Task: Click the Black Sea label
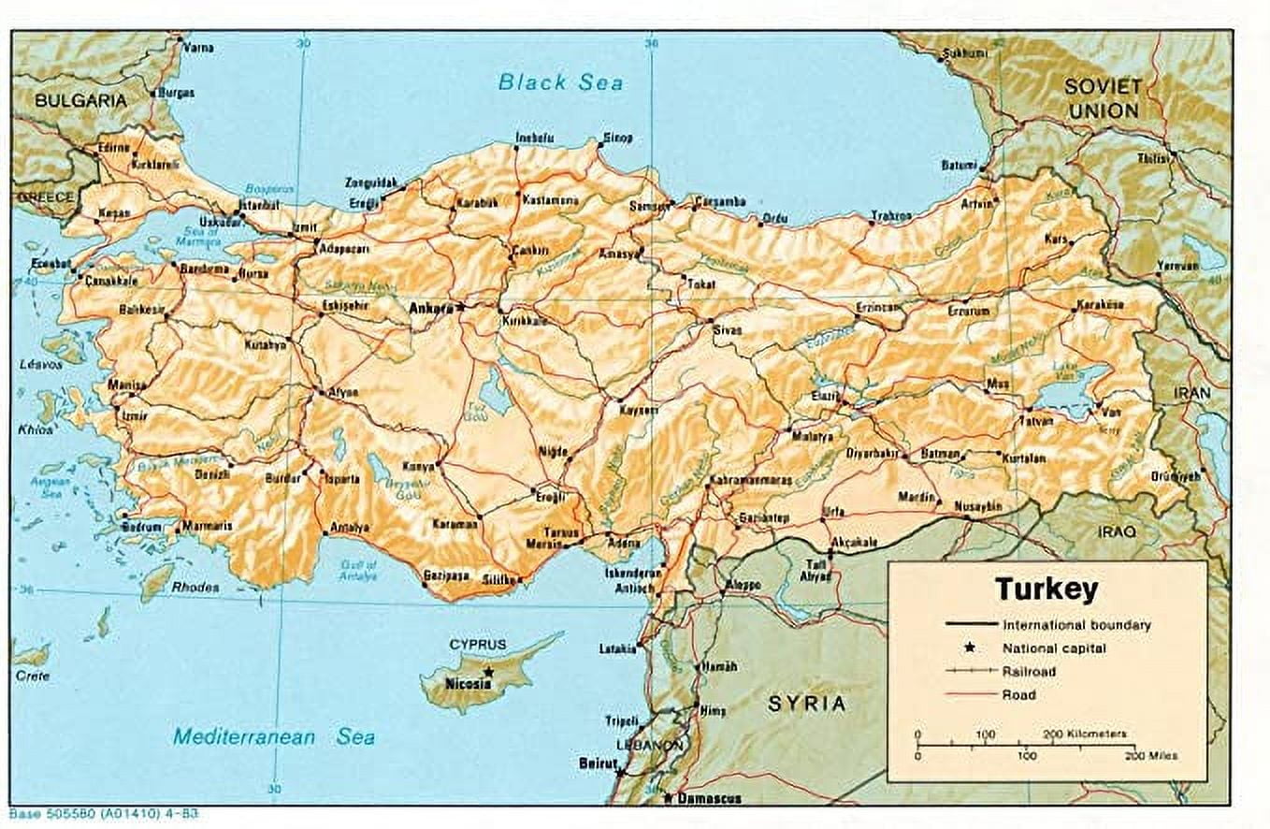[560, 82]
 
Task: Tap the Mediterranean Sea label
[274, 737]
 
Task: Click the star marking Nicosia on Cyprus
[487, 672]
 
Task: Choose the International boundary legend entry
[1075, 625]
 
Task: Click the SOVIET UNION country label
[1103, 98]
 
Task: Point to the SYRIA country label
[806, 703]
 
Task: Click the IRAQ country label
[1117, 531]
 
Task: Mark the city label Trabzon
[890, 215]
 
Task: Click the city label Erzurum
[967, 311]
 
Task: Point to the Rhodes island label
[195, 588]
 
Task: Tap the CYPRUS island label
[477, 645]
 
